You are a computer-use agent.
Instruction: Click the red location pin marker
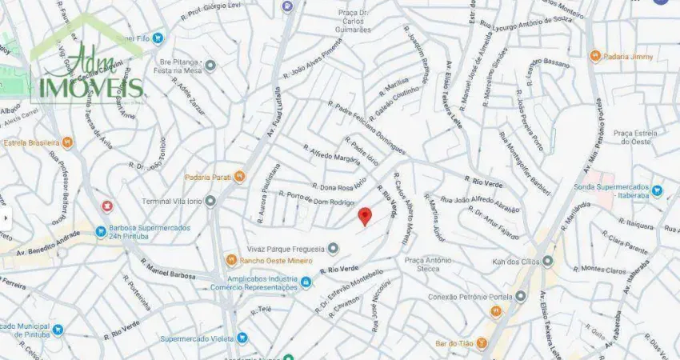click(x=364, y=215)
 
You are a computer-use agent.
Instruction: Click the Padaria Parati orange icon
click(x=238, y=178)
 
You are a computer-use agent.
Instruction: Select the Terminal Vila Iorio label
click(x=173, y=201)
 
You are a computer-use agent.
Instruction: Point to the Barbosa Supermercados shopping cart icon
click(x=101, y=232)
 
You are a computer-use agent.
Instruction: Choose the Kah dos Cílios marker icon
click(x=547, y=261)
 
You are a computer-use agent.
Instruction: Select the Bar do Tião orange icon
click(x=482, y=343)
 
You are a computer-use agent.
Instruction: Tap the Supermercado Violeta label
click(x=197, y=338)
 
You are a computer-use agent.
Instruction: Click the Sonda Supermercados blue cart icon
click(x=657, y=190)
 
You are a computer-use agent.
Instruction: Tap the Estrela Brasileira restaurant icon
click(x=67, y=143)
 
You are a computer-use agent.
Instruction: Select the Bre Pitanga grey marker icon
click(x=210, y=66)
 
